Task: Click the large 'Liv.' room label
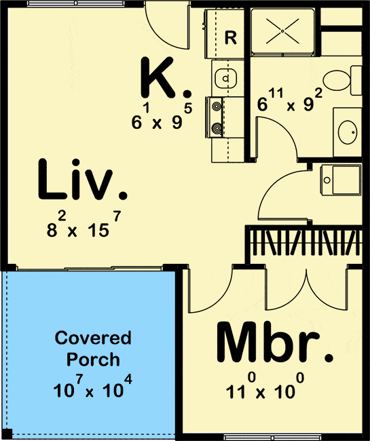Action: coord(81,181)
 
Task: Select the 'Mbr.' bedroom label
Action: coord(274,345)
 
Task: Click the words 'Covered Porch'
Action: coord(93,348)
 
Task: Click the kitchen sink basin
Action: coord(223,79)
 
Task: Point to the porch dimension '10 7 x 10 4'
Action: coord(92,389)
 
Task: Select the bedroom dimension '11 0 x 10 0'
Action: coord(265,389)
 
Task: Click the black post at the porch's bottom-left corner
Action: coord(6,434)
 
